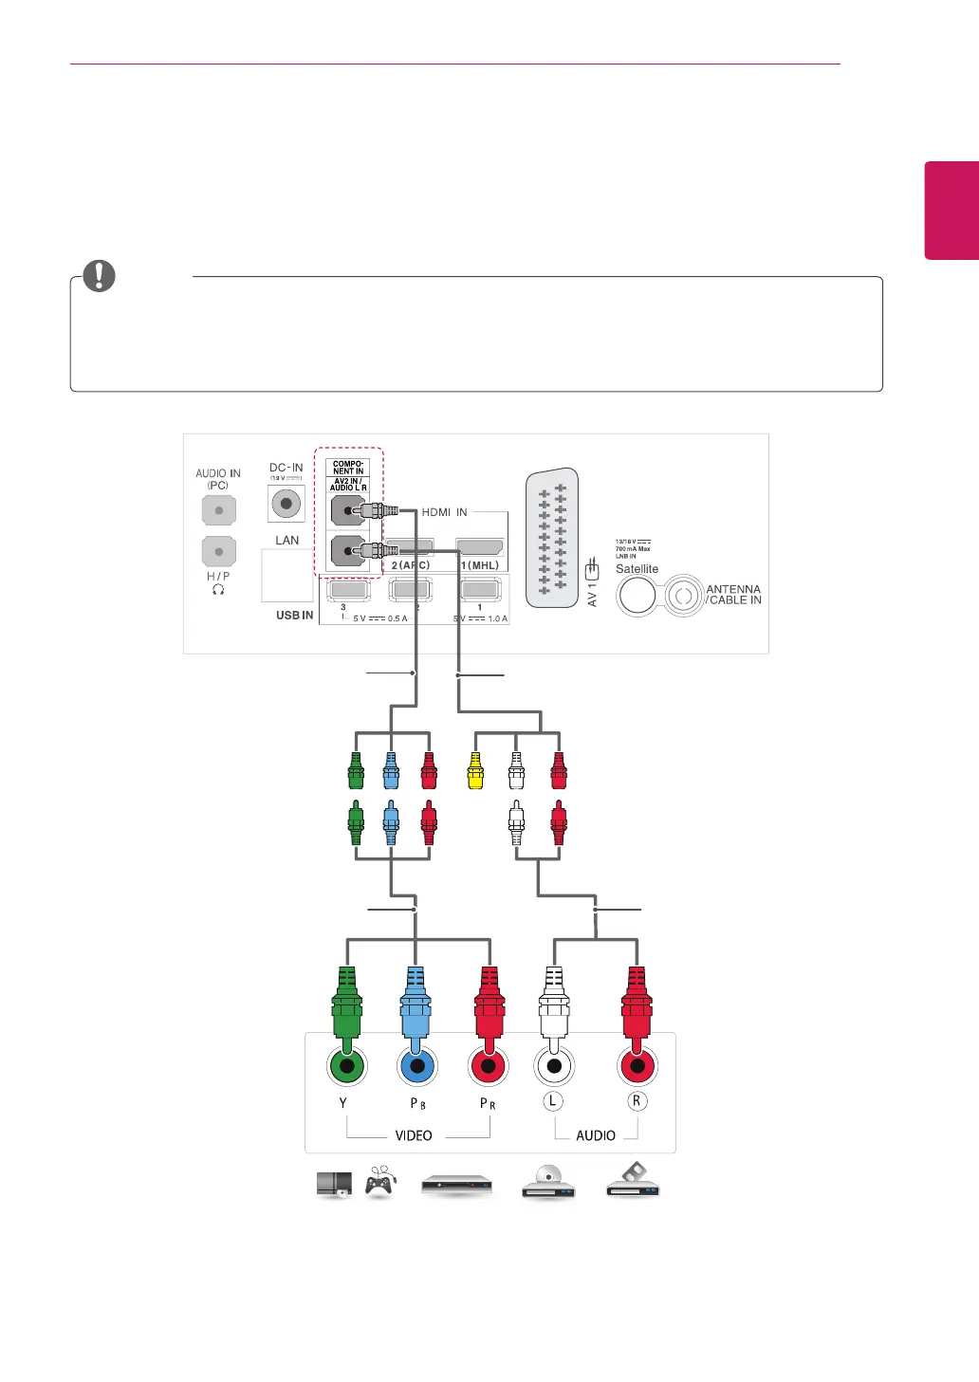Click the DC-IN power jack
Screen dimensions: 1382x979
[x=286, y=504]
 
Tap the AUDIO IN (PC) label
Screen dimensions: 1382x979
[x=218, y=479]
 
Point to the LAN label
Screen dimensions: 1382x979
[x=286, y=541]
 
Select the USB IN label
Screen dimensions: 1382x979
[x=294, y=616]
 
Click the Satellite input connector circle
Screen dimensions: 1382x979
[x=637, y=596]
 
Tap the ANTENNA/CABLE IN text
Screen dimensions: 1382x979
[x=733, y=595]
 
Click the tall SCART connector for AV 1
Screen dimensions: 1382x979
[x=552, y=538]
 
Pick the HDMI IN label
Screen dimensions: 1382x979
[x=444, y=512]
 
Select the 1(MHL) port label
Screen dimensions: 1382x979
[x=480, y=565]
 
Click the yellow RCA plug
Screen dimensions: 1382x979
[x=475, y=771]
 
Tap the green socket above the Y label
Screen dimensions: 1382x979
[x=347, y=1066]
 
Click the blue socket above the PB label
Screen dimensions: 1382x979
[x=416, y=1066]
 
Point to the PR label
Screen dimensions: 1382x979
[x=488, y=1103]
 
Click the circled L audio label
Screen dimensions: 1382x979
[x=553, y=1101]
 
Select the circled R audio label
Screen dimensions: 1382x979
[x=637, y=1101]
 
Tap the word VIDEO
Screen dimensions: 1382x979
[x=414, y=1135]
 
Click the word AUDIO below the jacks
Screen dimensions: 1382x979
[x=596, y=1135]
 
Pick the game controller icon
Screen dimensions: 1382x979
[x=380, y=1181]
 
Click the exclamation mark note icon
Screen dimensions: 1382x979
[x=99, y=276]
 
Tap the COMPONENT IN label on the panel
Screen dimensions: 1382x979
[x=348, y=468]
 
